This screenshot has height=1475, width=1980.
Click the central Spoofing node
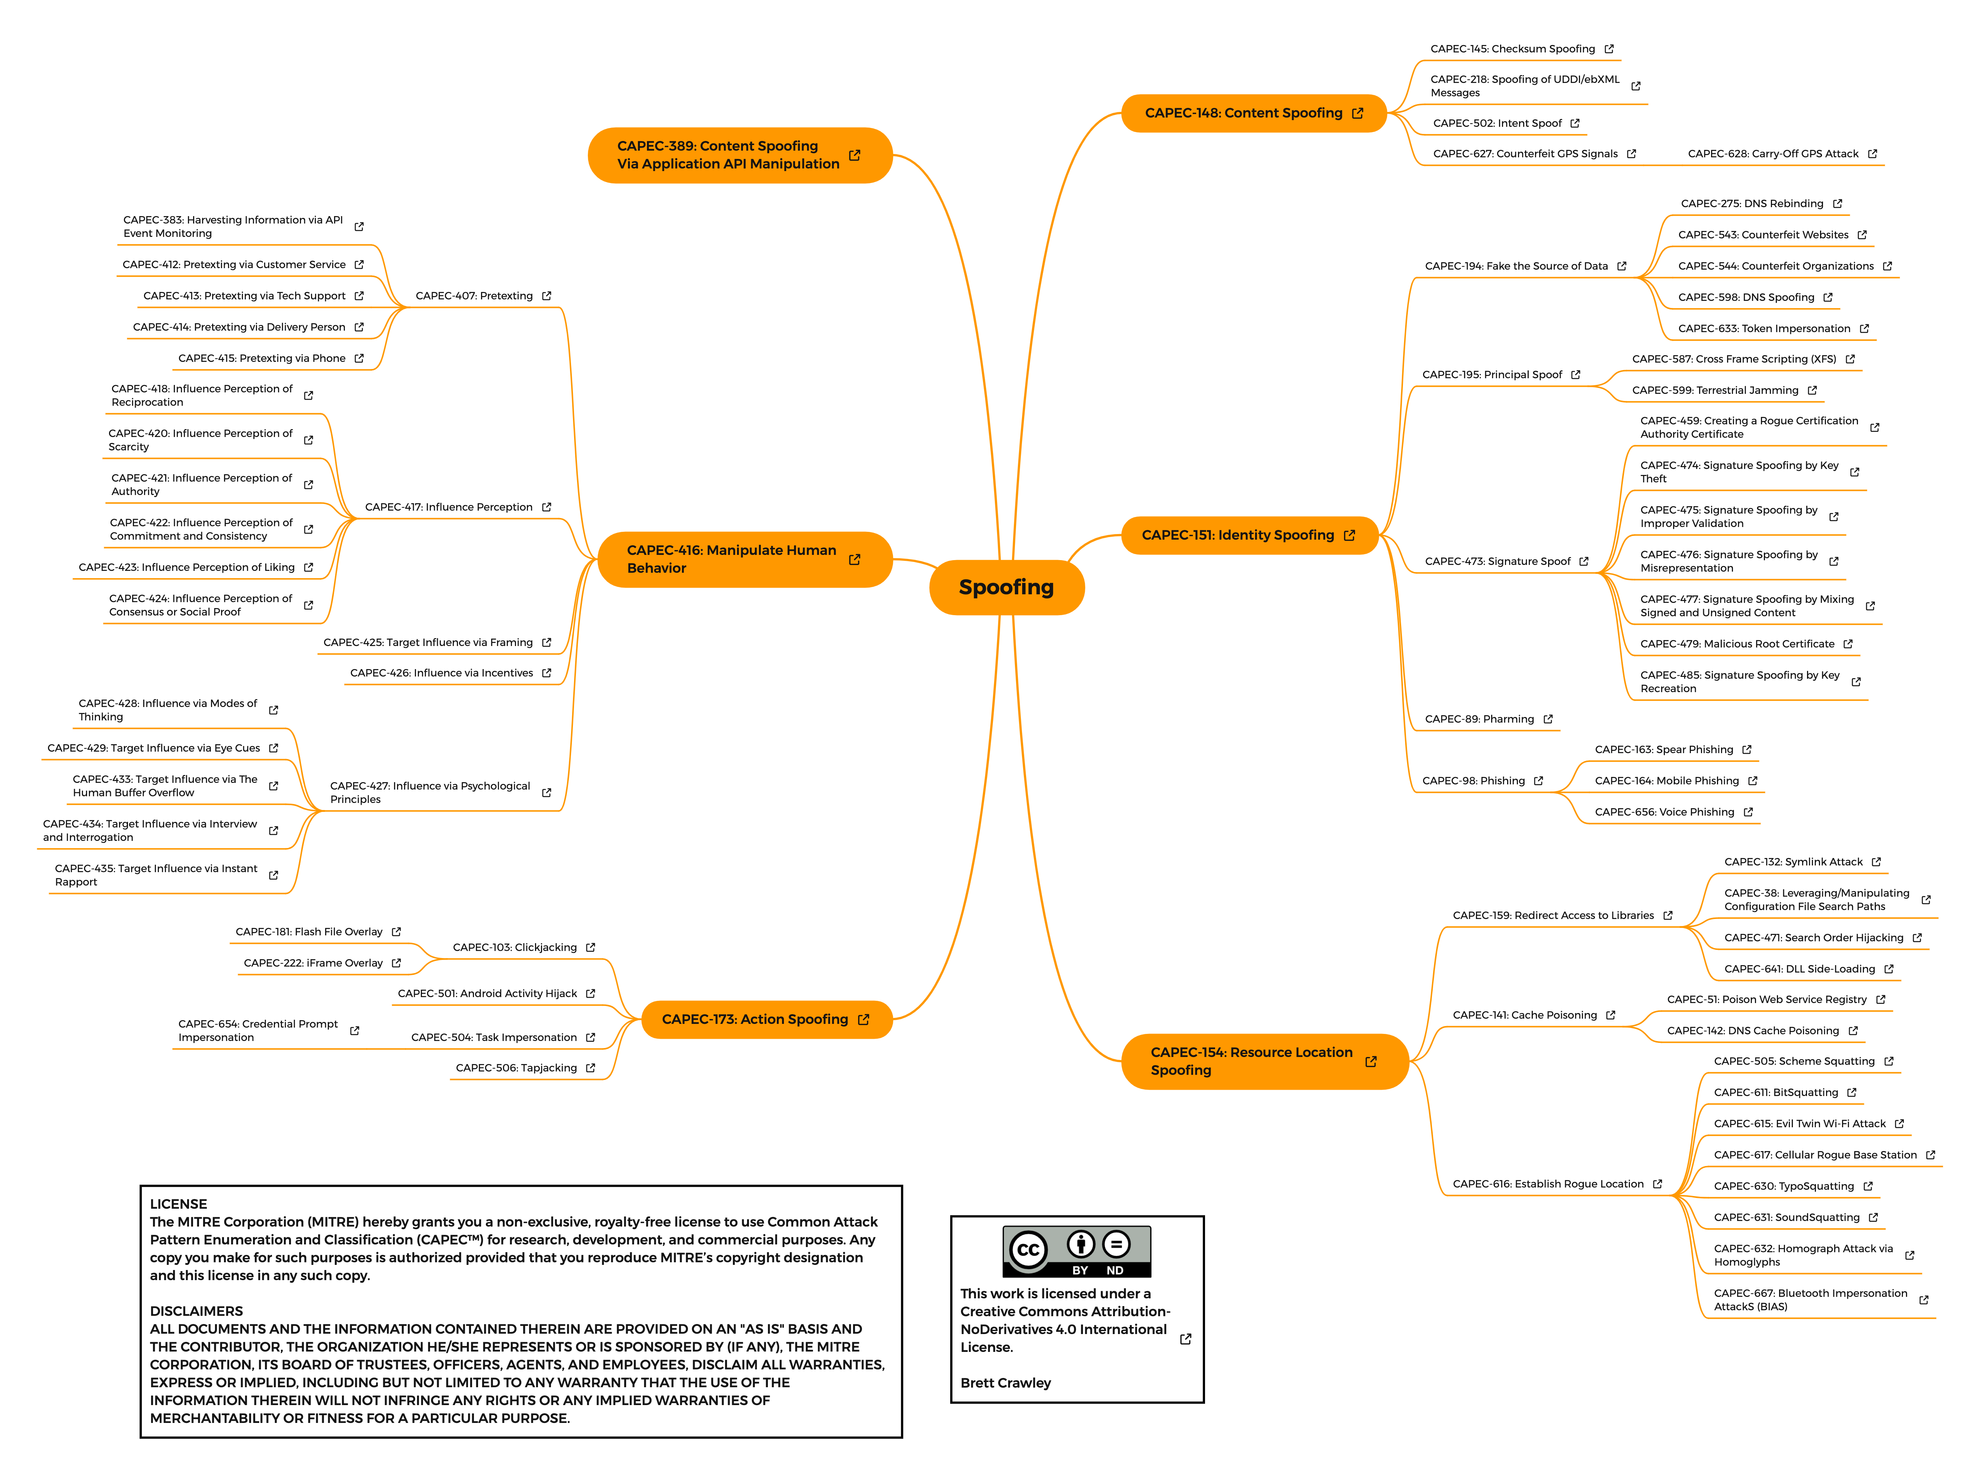1006,588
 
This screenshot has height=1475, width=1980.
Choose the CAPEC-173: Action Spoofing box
766,1020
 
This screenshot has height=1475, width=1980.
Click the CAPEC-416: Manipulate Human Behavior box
745,560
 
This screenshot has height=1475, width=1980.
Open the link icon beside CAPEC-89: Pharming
1548,720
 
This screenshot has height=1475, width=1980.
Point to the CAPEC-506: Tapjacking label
516,1068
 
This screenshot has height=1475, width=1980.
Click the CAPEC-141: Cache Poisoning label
1525,1015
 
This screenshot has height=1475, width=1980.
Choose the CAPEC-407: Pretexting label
474,296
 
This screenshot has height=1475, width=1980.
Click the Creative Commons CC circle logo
1028,1250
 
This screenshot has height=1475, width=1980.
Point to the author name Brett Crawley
1006,1383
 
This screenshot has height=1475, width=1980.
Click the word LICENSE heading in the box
179,1205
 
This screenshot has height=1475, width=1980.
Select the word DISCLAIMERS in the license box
196,1312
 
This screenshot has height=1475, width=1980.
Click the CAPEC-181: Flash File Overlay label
309,932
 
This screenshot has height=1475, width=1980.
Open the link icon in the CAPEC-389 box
855,155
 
